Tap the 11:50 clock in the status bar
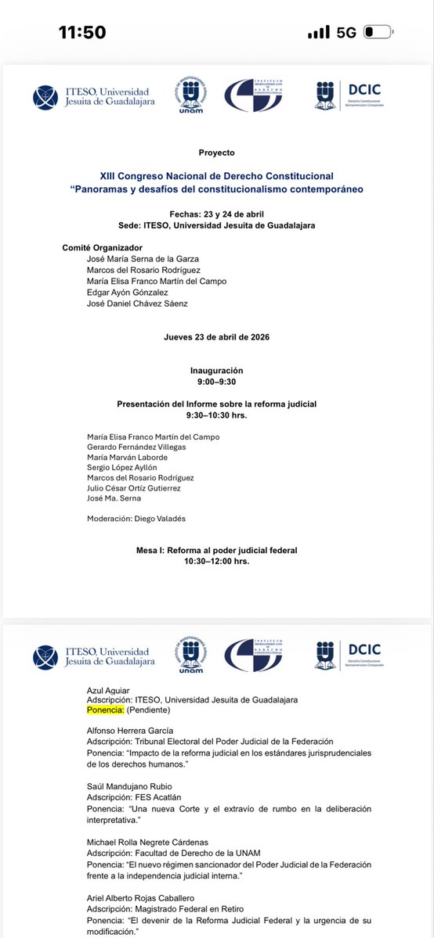pos(82,31)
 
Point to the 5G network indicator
pos(347,32)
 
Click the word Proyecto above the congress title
pos(216,153)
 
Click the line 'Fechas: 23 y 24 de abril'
pos(216,214)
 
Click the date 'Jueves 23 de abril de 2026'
pos(216,337)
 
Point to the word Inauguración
pos(216,370)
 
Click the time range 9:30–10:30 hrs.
pos(216,415)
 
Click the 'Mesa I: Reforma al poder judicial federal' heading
pos(216,551)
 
